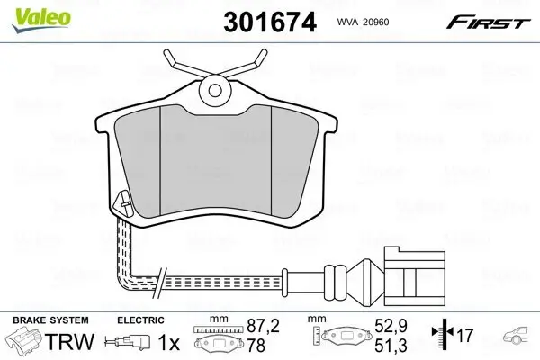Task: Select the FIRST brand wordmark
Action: pyautogui.click(x=498, y=20)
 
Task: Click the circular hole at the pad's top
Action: pyautogui.click(x=215, y=88)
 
